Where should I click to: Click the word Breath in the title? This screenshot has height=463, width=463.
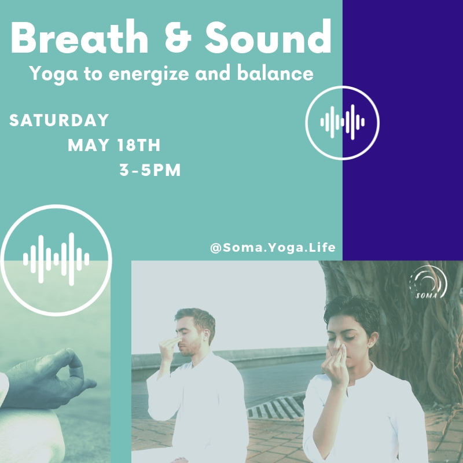point(79,37)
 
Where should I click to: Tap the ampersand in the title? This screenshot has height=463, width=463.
point(178,38)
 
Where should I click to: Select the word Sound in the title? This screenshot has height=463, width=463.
point(268,36)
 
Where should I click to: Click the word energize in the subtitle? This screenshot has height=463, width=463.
point(149,74)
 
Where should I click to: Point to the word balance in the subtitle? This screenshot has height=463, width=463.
point(275,73)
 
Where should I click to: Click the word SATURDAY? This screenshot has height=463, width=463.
point(59,120)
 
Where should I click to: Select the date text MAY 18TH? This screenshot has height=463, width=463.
point(114,145)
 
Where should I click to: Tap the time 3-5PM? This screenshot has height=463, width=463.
point(150,170)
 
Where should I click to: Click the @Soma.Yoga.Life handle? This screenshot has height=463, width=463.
point(273,248)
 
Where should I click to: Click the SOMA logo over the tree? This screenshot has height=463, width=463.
point(428,282)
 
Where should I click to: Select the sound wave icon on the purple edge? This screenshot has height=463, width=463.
point(343,123)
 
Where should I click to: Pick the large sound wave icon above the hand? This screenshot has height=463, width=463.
point(56,260)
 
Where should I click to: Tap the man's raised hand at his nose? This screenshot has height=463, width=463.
point(170,348)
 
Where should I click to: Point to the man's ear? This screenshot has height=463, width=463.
point(207,336)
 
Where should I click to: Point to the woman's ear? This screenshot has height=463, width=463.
point(373,340)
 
